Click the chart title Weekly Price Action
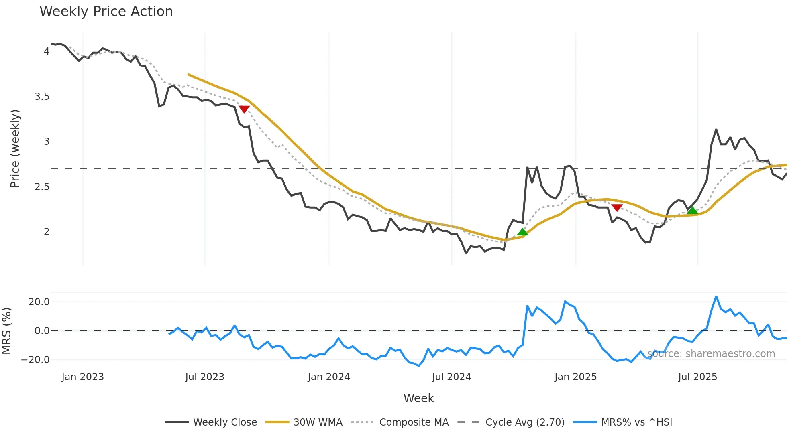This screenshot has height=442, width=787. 106,12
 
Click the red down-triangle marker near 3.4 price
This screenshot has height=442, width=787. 244,109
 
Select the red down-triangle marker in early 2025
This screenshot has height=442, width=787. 617,207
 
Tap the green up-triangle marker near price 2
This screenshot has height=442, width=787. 522,232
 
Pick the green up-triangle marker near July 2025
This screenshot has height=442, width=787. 692,211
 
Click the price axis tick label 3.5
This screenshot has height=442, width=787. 42,97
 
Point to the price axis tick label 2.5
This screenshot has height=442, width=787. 42,187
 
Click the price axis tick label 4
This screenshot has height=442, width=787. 47,51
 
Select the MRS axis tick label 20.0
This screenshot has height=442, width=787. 39,302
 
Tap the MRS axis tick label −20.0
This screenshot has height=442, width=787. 35,360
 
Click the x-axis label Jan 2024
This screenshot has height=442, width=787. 329,377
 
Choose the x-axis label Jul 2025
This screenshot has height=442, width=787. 697,377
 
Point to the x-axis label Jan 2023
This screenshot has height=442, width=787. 83,377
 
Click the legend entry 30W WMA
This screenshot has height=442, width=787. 318,422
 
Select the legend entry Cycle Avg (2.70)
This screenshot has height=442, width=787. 525,422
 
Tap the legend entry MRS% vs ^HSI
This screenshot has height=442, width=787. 636,422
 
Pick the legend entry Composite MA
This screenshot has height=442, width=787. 414,422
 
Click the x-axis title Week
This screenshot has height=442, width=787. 418,398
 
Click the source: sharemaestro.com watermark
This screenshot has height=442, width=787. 711,354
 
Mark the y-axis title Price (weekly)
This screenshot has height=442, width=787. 15,148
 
